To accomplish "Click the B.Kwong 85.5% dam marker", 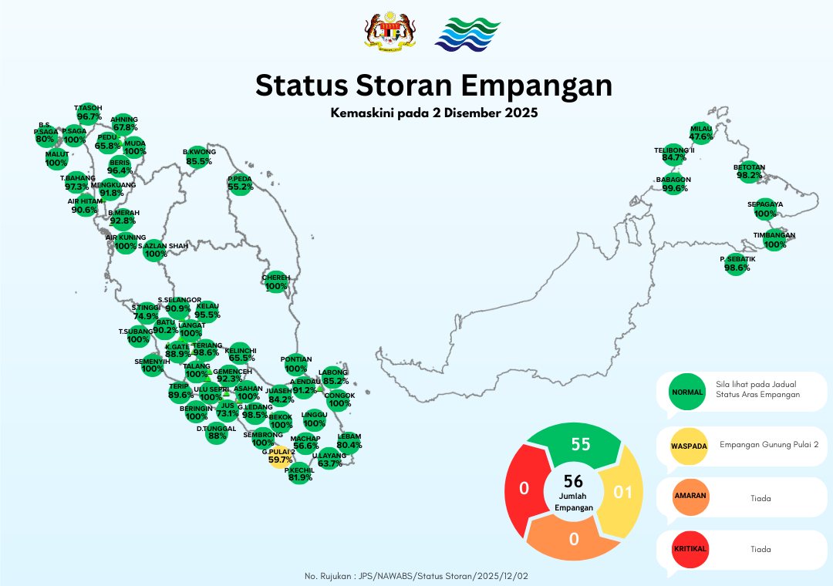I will [x=199, y=157].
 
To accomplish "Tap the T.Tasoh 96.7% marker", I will [x=89, y=113].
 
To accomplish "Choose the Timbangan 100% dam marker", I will [x=774, y=241].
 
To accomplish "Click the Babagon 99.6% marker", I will [x=673, y=184].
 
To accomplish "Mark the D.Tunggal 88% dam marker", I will [x=217, y=432].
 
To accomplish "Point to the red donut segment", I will [x=524, y=489].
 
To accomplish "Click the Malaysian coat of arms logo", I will [x=390, y=33].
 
